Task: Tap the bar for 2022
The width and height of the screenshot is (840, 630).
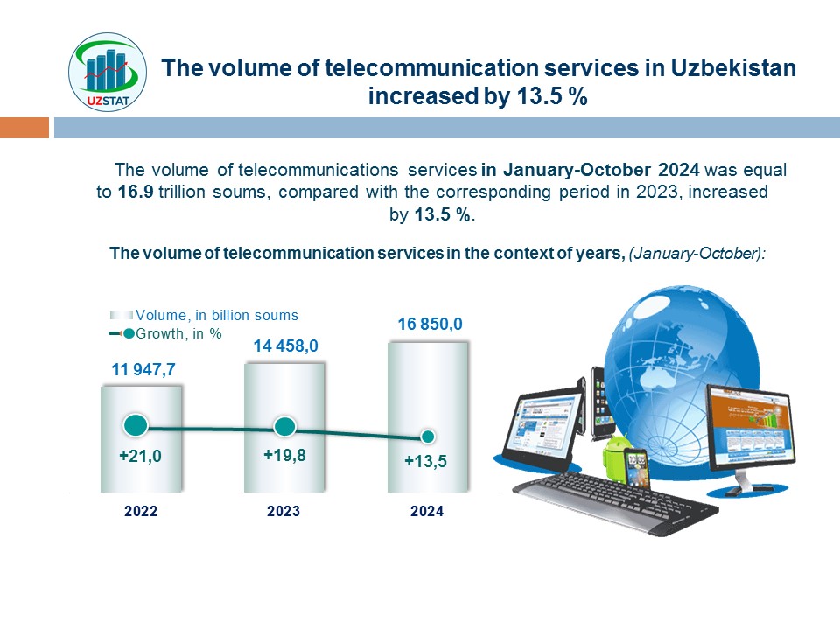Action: click(x=141, y=437)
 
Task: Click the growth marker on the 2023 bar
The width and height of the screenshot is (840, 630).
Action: click(x=284, y=427)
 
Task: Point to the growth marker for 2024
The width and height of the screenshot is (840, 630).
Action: click(x=428, y=436)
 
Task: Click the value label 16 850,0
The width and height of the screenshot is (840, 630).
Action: click(x=430, y=325)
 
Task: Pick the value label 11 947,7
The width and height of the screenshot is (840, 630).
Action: click(x=143, y=370)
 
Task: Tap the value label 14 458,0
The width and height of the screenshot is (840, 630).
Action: click(x=285, y=346)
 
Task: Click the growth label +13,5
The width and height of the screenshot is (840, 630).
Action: click(x=426, y=462)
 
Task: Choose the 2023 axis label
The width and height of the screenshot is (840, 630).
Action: click(x=284, y=512)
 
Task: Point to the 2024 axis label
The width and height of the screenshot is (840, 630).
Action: click(x=427, y=512)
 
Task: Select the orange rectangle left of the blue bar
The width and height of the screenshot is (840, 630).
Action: click(x=24, y=129)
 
